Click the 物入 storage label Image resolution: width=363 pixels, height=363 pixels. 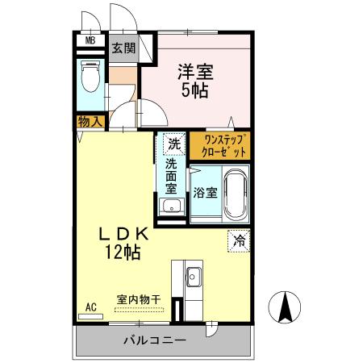pyautogui.click(x=90, y=122)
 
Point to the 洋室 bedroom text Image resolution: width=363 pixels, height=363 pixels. pyautogui.click(x=194, y=72)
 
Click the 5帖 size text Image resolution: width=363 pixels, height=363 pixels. pyautogui.click(x=194, y=90)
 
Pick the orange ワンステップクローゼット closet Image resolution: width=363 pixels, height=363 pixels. pyautogui.click(x=220, y=146)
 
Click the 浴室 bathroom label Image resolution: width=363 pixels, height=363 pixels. pyautogui.click(x=204, y=193)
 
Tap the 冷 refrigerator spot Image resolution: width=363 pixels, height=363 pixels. pyautogui.click(x=238, y=239)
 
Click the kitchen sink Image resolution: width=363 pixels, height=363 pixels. pyautogui.click(x=194, y=279)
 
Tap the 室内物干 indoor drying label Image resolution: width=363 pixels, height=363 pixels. pyautogui.click(x=139, y=298)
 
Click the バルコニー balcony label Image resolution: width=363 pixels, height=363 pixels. pyautogui.click(x=155, y=340)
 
